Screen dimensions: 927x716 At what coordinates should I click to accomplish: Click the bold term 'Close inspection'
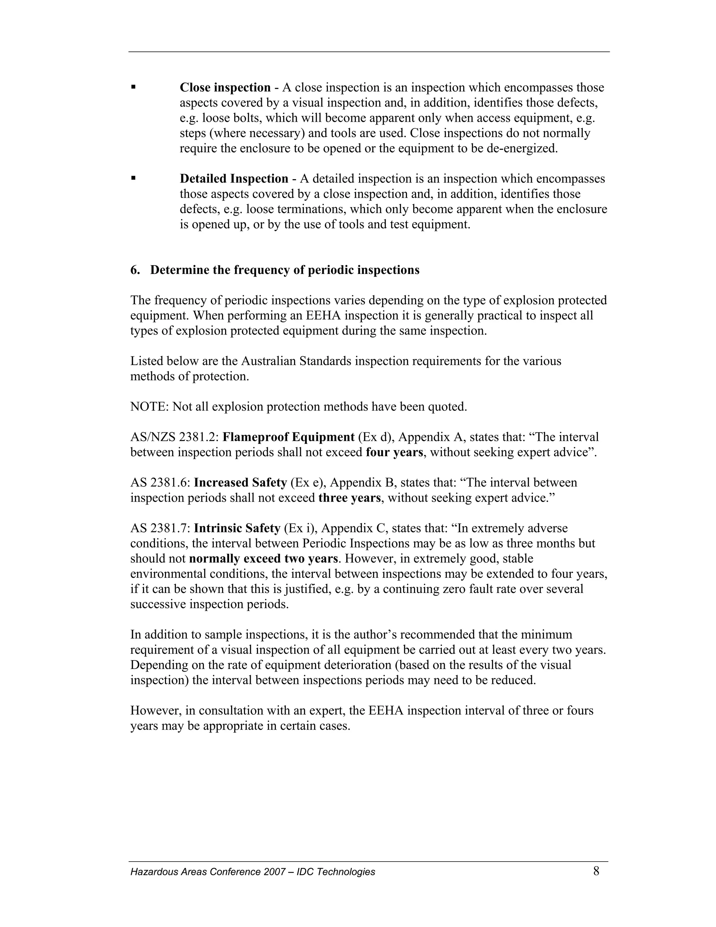[225, 88]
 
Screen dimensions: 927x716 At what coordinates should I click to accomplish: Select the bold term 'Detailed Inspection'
[234, 179]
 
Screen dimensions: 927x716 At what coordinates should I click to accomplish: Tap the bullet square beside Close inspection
[134, 87]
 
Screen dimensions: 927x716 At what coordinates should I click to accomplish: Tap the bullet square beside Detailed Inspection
[134, 178]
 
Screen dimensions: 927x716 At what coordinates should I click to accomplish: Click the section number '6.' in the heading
[135, 270]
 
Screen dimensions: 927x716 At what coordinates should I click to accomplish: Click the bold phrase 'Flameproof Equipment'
[288, 437]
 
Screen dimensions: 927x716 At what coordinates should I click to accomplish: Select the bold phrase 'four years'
[394, 452]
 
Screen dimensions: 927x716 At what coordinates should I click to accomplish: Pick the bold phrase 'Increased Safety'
[241, 483]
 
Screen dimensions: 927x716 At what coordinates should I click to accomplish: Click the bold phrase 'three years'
[350, 498]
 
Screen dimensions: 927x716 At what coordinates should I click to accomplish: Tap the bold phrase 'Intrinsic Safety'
[237, 529]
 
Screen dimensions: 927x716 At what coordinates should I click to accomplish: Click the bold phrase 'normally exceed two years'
[263, 559]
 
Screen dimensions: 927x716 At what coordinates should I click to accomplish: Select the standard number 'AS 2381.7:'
[160, 529]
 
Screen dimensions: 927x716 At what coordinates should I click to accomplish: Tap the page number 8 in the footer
[596, 872]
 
